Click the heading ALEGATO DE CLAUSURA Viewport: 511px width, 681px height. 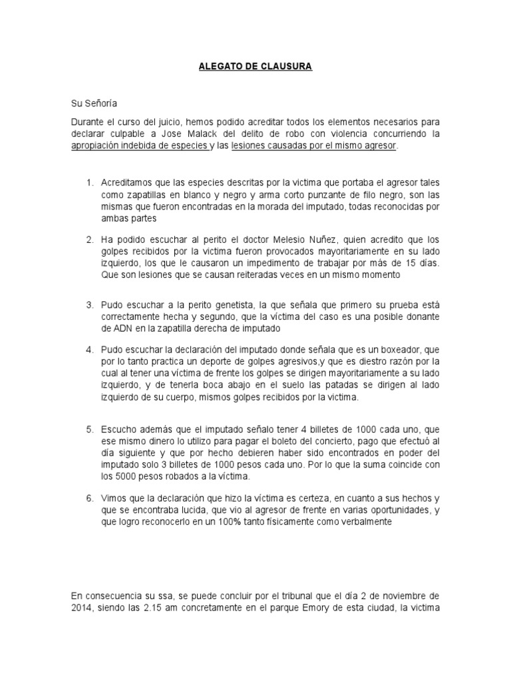(x=256, y=67)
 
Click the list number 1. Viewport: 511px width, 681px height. (x=90, y=182)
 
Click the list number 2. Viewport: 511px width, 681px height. (x=90, y=239)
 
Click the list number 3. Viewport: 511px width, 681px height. (x=90, y=304)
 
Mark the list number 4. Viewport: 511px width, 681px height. (x=90, y=349)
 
